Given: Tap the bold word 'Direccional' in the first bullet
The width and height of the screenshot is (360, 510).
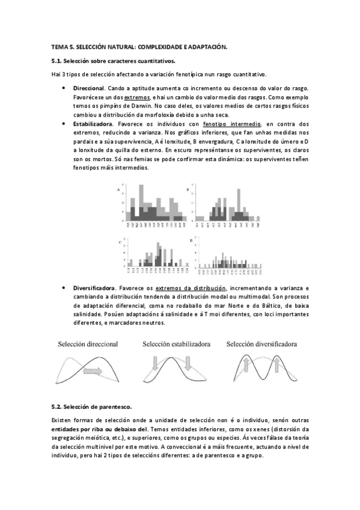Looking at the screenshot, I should point(89,88).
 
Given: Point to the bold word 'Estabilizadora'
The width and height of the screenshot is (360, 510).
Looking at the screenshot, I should point(93,123).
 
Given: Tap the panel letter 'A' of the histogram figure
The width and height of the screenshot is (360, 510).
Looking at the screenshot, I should point(118,190).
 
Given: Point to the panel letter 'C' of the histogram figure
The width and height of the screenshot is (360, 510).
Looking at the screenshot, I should point(118,241).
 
